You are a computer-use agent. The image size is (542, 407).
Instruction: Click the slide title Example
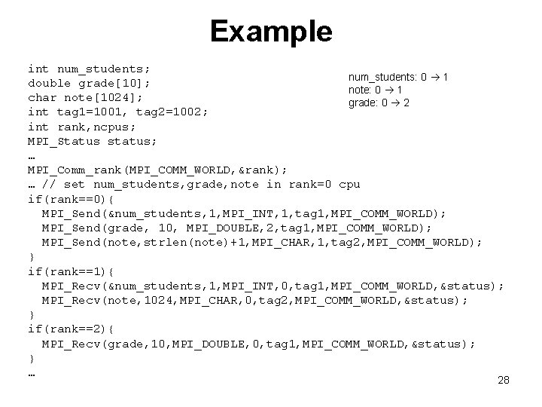click(x=271, y=32)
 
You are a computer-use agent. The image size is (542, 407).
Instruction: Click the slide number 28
click(x=504, y=380)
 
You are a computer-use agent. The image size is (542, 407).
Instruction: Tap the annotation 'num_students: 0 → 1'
click(x=398, y=77)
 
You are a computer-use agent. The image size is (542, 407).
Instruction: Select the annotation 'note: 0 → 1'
click(x=373, y=90)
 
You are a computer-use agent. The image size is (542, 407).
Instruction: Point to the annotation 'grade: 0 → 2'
click(x=379, y=103)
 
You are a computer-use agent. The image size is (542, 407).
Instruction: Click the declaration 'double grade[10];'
click(x=89, y=83)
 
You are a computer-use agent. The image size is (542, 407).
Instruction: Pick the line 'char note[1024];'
click(x=85, y=97)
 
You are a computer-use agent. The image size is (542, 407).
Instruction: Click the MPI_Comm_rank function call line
click(x=157, y=170)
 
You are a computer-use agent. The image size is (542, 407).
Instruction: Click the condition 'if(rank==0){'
click(x=71, y=199)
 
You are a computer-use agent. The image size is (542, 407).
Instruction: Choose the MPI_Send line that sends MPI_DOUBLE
click(x=237, y=228)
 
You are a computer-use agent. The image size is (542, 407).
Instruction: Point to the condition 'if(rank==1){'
click(x=71, y=271)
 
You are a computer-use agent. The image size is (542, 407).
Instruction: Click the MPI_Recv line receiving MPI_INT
click(x=273, y=286)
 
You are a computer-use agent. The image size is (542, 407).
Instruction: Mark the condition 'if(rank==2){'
click(x=71, y=329)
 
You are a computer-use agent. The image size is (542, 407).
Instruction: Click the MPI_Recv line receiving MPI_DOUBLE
click(x=258, y=344)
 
